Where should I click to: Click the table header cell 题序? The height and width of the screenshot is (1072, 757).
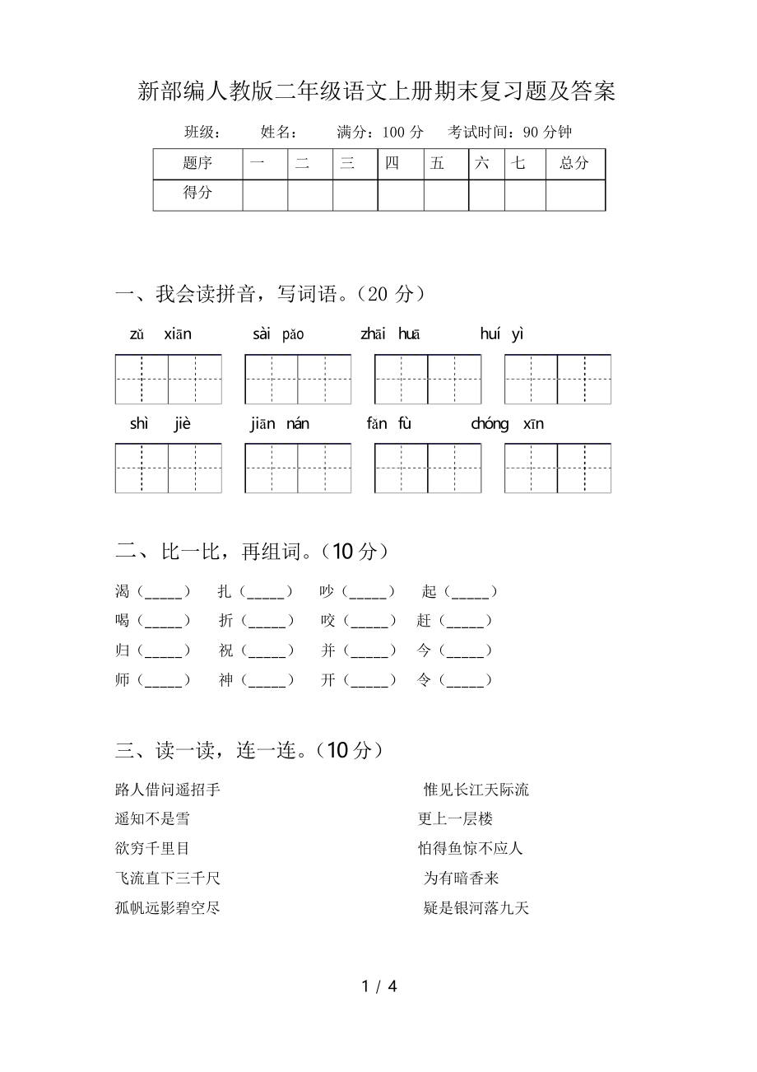pyautogui.click(x=197, y=163)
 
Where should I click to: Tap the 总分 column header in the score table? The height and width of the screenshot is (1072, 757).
pyautogui.click(x=574, y=163)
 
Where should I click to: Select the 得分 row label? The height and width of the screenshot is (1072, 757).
pyautogui.click(x=197, y=193)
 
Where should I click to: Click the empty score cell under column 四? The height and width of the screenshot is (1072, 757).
pyautogui.click(x=400, y=195)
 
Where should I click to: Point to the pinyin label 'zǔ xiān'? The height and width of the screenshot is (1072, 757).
pyautogui.click(x=160, y=334)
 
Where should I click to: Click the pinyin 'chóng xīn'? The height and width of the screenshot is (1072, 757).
pyautogui.click(x=507, y=424)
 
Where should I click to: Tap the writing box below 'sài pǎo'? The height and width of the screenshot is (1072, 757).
pyautogui.click(x=298, y=380)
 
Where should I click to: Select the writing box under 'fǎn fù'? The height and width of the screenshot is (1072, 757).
pyautogui.click(x=427, y=468)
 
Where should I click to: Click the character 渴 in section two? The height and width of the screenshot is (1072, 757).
pyautogui.click(x=123, y=591)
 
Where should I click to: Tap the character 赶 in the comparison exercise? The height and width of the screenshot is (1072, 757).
pyautogui.click(x=424, y=621)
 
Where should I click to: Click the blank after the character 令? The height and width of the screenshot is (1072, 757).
pyautogui.click(x=465, y=681)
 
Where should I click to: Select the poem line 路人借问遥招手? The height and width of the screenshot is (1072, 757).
pyautogui.click(x=168, y=790)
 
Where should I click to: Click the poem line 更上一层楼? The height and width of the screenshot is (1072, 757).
pyautogui.click(x=455, y=819)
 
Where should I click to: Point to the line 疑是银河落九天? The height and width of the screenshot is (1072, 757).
pyautogui.click(x=476, y=908)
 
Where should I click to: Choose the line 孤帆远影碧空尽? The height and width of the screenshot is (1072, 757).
pyautogui.click(x=168, y=908)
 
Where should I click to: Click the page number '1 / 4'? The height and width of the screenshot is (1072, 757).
pyautogui.click(x=378, y=986)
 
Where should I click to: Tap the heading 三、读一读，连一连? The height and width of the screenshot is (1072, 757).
pyautogui.click(x=248, y=750)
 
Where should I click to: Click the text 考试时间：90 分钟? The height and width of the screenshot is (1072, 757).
pyautogui.click(x=510, y=132)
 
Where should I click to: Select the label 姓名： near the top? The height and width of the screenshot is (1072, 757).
pyautogui.click(x=280, y=132)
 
